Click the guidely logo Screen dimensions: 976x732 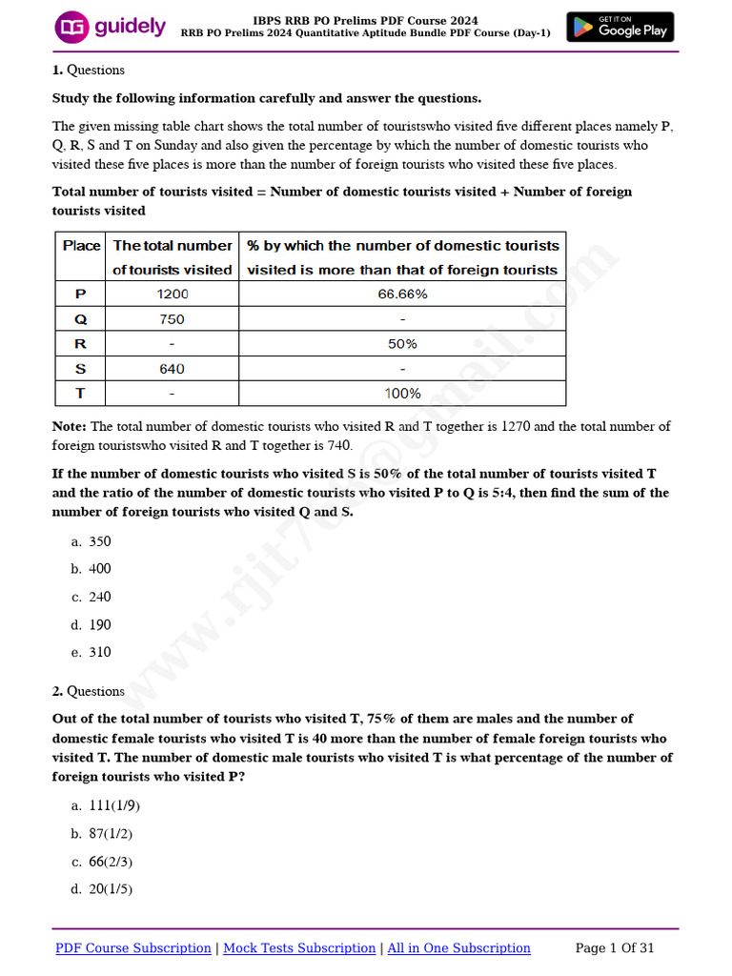(111, 27)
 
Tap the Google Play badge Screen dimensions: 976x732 (620, 27)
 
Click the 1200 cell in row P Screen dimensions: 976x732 (173, 295)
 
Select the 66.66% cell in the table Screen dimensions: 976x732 (402, 295)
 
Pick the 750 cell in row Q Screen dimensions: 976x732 (173, 319)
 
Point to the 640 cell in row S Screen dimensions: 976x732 (173, 369)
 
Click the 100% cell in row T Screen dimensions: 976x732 (402, 394)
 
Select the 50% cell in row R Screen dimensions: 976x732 (402, 344)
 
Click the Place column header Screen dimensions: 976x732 (81, 246)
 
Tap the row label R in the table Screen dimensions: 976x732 (80, 344)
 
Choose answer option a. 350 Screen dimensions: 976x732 (91, 541)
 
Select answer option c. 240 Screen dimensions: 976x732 (91, 597)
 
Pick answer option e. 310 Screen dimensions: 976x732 (91, 652)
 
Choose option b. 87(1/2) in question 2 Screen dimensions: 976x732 (102, 834)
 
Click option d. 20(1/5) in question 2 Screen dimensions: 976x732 (102, 889)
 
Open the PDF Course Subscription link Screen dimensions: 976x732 (133, 948)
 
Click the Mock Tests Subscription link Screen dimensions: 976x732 (299, 948)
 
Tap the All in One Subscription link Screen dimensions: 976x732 (458, 948)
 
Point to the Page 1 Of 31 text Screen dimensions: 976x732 (615, 948)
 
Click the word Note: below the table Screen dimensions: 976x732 (70, 427)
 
